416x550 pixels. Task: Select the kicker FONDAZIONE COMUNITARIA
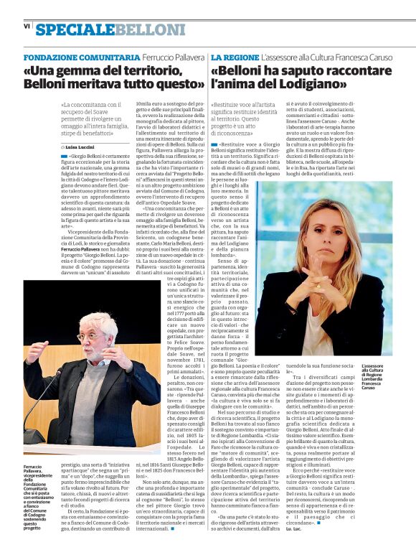pos(82,57)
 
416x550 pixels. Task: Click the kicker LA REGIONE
pos(235,57)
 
